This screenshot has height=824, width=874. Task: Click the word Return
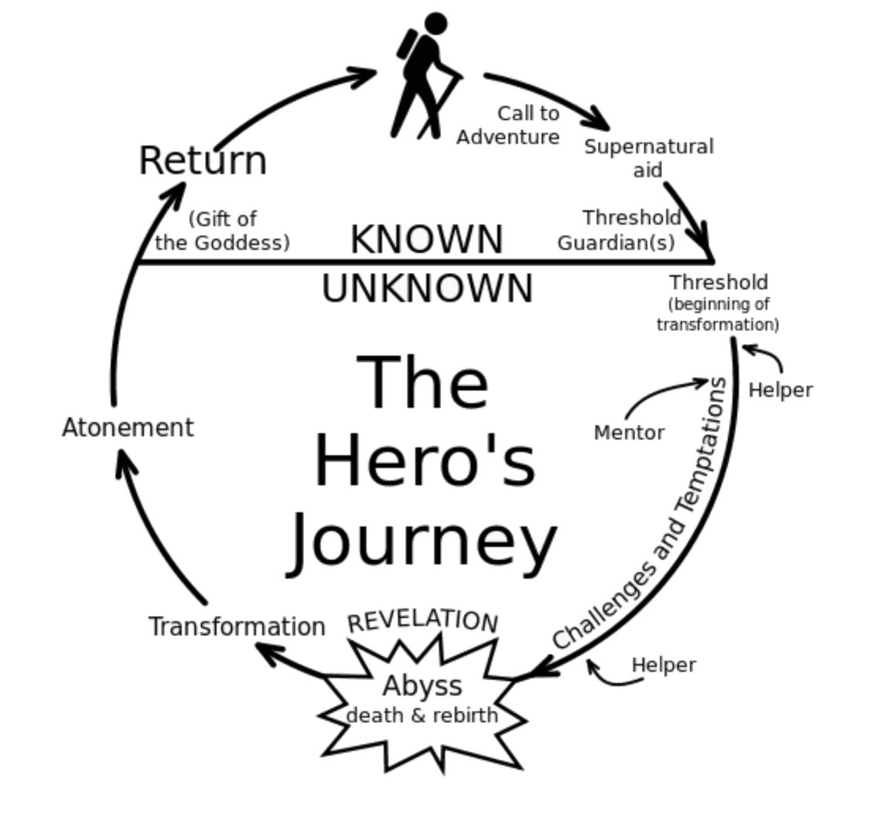tap(203, 161)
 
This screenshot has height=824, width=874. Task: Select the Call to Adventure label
tap(509, 125)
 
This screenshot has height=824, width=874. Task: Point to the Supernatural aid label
tap(648, 158)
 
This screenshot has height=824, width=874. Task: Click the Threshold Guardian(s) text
tap(619, 230)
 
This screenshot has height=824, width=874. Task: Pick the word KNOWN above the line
tap(427, 239)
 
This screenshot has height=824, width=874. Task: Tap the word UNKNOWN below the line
tap(427, 288)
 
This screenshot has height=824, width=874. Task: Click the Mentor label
tap(629, 433)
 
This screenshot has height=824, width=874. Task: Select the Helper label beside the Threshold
tap(780, 391)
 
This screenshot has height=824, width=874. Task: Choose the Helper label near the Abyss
tap(664, 664)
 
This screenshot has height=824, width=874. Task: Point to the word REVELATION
tap(422, 621)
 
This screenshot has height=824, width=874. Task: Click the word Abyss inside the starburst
tap(422, 686)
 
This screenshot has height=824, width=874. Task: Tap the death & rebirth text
tap(422, 715)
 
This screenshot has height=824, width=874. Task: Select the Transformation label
tap(237, 626)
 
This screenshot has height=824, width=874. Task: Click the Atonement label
tap(128, 427)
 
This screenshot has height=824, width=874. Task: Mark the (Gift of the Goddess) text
tap(223, 231)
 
